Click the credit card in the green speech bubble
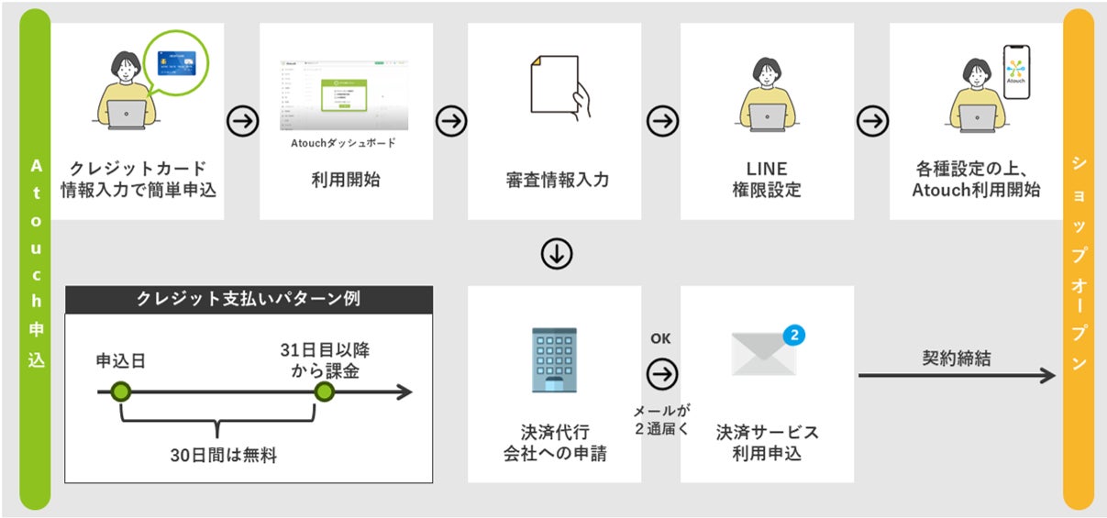tap(178, 63)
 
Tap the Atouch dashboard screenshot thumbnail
tap(344, 96)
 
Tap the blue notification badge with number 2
tap(794, 335)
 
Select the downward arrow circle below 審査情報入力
tap(556, 255)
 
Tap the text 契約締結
tap(956, 358)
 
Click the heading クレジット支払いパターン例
tap(248, 299)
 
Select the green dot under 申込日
tap(121, 392)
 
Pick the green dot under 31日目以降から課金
tap(323, 392)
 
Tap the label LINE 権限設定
tap(767, 180)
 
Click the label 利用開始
tap(346, 180)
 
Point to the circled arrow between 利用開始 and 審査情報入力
tap(451, 120)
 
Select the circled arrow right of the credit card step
tap(242, 120)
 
